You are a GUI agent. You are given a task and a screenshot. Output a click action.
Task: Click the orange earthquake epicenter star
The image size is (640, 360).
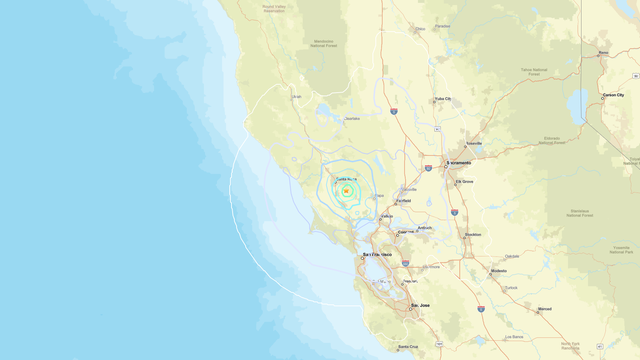[x=346, y=190]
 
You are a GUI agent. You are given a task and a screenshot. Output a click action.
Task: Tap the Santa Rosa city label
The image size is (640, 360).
[x=346, y=177]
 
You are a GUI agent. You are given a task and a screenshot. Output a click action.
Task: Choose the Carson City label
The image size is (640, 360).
[x=613, y=98]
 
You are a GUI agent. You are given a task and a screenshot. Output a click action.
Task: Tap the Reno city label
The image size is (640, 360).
[x=603, y=52]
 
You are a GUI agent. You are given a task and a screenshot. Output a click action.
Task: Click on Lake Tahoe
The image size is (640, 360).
[x=577, y=105]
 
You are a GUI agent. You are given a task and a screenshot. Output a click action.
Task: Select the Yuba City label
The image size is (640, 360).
[x=442, y=99]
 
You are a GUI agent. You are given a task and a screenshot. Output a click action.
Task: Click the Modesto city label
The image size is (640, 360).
[x=498, y=271]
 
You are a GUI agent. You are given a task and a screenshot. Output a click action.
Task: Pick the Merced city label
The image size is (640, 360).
[x=544, y=310]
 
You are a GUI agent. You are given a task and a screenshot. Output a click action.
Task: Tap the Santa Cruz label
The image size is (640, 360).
[x=407, y=346]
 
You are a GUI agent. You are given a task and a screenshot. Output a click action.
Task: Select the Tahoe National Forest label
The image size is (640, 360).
[x=533, y=72]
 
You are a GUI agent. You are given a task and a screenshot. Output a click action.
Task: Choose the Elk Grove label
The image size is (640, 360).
[x=465, y=182]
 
